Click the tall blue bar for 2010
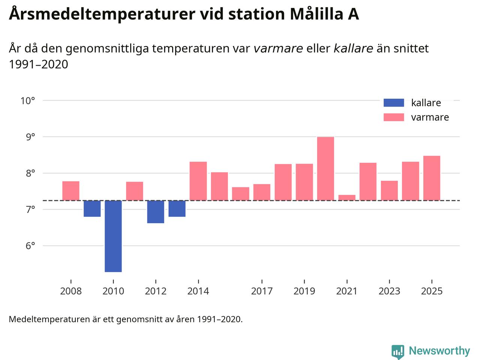coord(113,236)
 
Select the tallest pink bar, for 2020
coord(325,169)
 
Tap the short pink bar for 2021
coord(347,198)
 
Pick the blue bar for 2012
coord(156,212)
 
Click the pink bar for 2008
coord(71,191)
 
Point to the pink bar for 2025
coord(432,178)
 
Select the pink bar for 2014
coord(198,181)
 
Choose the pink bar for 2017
coord(262,192)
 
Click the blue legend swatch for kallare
coord(394,103)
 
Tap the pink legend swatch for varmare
coord(394,117)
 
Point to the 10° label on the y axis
coord(28,101)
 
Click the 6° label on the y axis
coord(30,246)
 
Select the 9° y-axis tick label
coord(30,137)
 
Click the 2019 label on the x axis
coord(304,291)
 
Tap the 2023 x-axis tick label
coord(389,291)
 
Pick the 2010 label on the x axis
coord(113,291)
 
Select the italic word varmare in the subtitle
coord(278,48)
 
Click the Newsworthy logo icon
coord(397,351)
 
